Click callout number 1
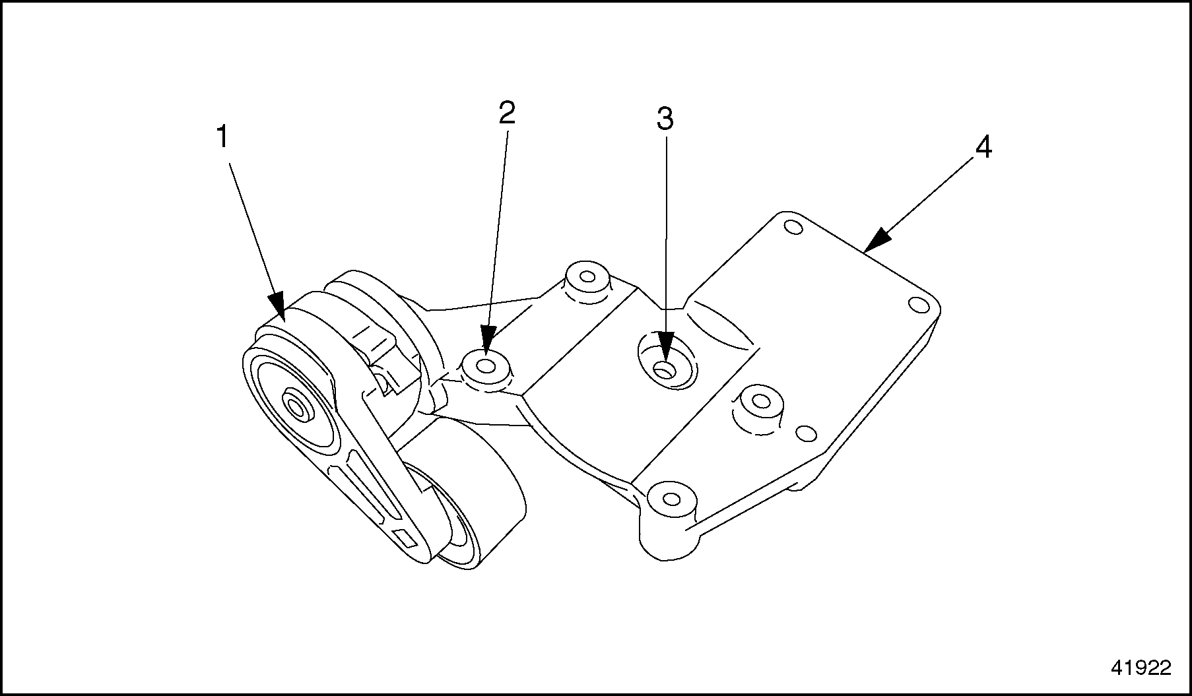[x=222, y=138]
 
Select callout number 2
[x=506, y=113]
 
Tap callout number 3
[x=665, y=119]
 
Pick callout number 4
[x=983, y=148]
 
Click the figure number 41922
[x=1141, y=668]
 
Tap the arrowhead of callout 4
[x=871, y=245]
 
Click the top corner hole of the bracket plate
[x=793, y=228]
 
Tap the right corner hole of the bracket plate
[x=917, y=304]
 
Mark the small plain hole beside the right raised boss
[x=806, y=433]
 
